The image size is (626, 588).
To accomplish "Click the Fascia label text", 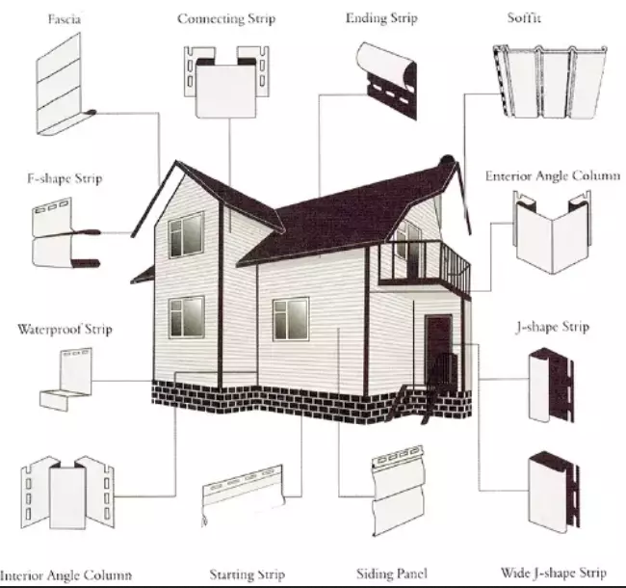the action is pos(64,19).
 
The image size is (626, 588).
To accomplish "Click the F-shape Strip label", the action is pos(64,178).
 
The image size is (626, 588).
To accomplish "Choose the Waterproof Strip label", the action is pos(65,329).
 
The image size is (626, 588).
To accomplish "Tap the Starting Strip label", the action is pos(247,575).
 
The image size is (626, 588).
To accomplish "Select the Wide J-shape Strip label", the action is pos(554,573).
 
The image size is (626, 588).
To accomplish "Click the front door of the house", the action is pos(438,348).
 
